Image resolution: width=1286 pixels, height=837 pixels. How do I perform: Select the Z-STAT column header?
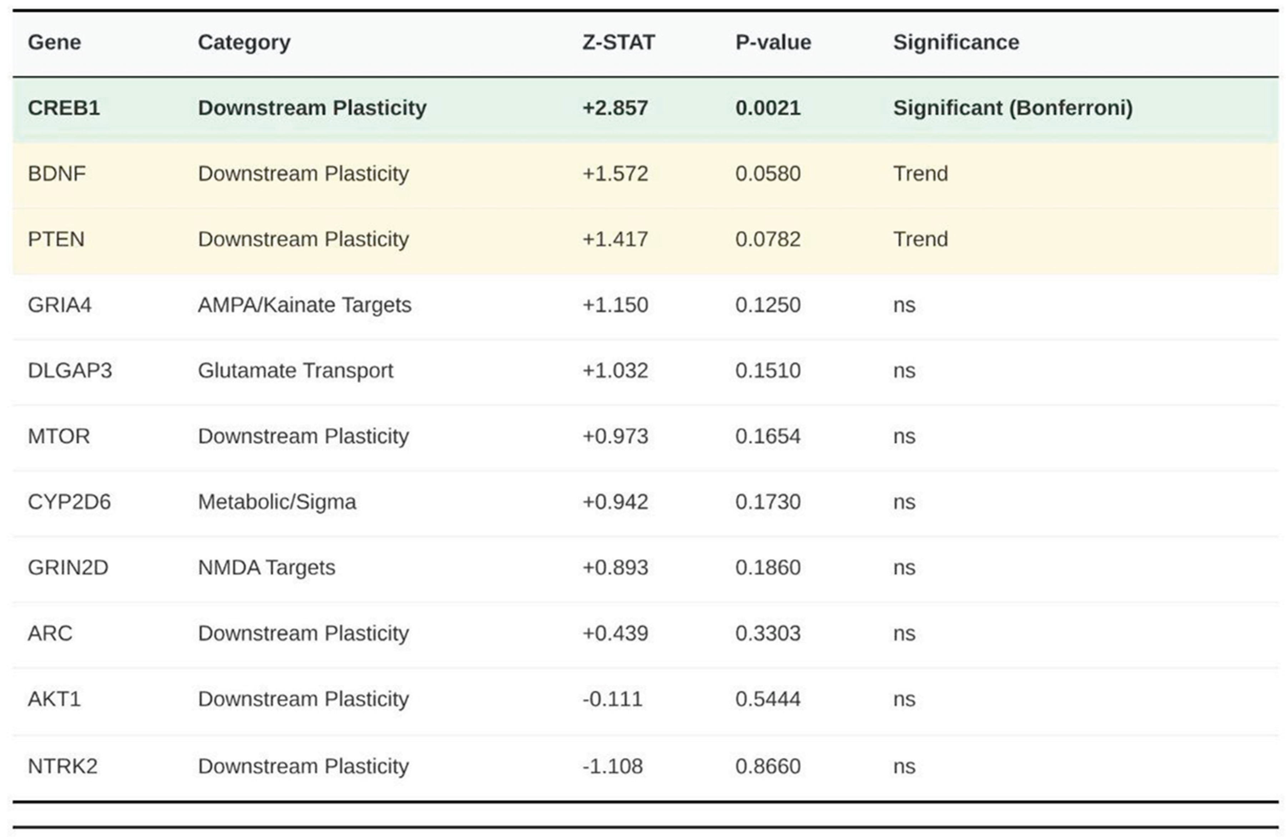(x=618, y=42)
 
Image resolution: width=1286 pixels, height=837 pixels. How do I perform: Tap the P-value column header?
(x=773, y=42)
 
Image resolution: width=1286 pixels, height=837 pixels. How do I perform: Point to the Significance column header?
(x=956, y=42)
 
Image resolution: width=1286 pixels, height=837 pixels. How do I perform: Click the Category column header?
(x=244, y=42)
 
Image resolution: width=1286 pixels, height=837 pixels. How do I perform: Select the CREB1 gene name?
(x=64, y=108)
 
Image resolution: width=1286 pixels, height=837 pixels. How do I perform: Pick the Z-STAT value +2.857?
(x=615, y=108)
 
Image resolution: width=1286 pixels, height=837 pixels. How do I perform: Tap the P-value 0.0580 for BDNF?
(x=767, y=173)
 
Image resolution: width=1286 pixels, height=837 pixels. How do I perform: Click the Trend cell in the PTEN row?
(x=920, y=239)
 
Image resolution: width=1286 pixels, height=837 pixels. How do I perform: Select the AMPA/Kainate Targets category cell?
(x=304, y=305)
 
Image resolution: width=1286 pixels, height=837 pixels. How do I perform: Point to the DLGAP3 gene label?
(x=70, y=371)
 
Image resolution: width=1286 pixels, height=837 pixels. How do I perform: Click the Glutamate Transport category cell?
(x=295, y=371)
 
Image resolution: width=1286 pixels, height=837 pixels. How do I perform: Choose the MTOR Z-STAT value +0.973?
(x=615, y=436)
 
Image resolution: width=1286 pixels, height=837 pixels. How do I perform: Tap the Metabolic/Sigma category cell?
(x=277, y=502)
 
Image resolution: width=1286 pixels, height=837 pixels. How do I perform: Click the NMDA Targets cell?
(x=267, y=567)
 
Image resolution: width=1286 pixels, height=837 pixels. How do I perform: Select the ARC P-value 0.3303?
(x=767, y=633)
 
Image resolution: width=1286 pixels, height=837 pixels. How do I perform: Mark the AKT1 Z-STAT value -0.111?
(x=612, y=699)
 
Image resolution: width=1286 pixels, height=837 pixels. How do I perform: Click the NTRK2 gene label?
(x=63, y=766)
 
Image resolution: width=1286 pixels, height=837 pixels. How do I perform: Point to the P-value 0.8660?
(x=767, y=766)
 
